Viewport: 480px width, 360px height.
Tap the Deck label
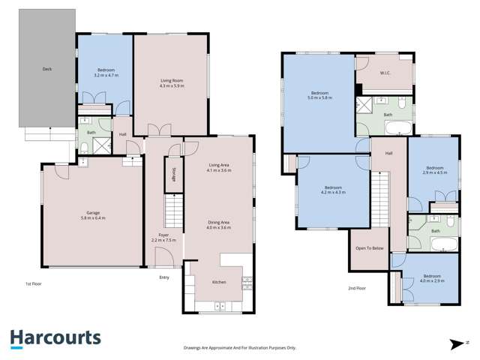pos(46,70)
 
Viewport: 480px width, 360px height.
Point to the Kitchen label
pos(219,281)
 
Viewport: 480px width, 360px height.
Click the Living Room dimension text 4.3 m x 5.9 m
pos(172,86)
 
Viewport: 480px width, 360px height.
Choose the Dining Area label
pos(220,222)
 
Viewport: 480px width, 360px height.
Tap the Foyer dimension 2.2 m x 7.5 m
pos(163,240)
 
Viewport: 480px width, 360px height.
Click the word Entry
pos(165,276)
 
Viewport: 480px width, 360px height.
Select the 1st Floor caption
pos(32,284)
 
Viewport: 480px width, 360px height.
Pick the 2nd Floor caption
pos(356,288)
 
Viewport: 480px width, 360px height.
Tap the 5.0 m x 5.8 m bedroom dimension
pos(319,97)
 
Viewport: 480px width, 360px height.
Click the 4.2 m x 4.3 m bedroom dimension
pos(334,193)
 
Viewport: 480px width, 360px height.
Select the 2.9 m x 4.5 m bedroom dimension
pos(436,172)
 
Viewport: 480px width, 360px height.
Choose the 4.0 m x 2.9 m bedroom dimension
pos(433,280)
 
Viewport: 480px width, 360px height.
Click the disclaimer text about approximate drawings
pos(240,348)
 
